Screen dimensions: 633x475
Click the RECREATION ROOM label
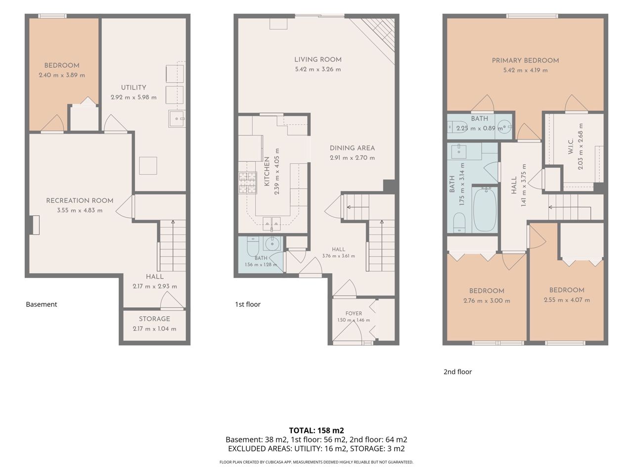point(80,201)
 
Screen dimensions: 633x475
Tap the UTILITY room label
point(134,88)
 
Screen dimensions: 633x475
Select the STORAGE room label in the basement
point(154,319)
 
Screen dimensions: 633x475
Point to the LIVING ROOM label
point(318,60)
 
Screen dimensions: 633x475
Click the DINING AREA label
point(352,148)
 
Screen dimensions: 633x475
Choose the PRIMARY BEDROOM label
point(525,60)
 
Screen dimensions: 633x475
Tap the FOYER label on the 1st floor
point(354,313)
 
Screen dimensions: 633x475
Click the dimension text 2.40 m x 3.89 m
point(62,75)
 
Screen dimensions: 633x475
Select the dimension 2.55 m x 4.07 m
point(567,300)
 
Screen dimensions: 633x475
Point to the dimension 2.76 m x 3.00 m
point(487,301)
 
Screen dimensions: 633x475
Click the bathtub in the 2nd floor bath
point(485,209)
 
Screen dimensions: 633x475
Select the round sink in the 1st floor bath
point(271,244)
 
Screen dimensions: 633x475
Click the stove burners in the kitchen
point(247,183)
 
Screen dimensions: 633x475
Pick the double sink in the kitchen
point(271,224)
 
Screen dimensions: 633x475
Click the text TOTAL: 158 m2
point(316,430)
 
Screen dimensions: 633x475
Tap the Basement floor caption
point(42,304)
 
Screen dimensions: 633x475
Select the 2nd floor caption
point(457,372)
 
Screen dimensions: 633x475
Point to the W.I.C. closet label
point(570,146)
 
